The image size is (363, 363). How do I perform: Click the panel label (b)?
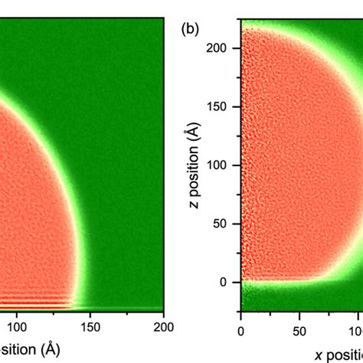[x=191, y=31]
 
